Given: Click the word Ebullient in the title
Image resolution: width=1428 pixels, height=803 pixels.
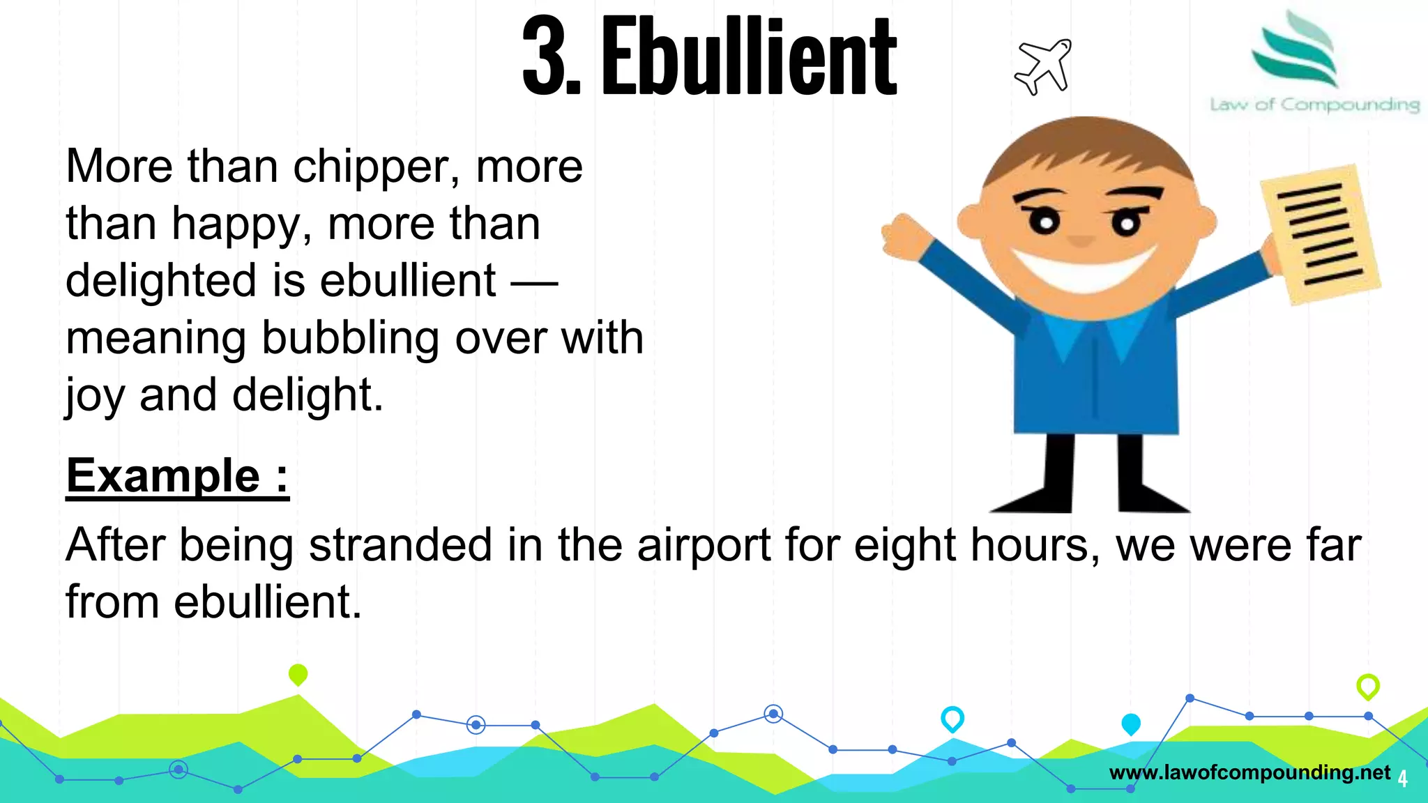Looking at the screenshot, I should coord(750,57).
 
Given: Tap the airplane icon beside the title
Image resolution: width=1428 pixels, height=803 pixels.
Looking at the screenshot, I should coord(1043,66).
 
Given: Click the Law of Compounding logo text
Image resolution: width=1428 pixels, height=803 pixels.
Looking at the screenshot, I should coord(1314,105).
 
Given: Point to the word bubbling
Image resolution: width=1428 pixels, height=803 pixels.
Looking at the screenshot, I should coord(350,338).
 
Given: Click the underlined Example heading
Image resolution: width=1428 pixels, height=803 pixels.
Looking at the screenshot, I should coord(177,476).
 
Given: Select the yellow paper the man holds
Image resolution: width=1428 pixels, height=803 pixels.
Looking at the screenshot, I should coord(1320,234).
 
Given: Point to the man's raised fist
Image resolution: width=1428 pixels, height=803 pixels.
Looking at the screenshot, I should coord(904,236).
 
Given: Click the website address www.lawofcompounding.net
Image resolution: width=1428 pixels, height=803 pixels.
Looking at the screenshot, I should coord(1249,772).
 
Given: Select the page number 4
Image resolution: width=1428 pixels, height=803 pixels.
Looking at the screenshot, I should coord(1403,779).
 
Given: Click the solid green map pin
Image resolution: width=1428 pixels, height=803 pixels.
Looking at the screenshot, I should coord(298,674).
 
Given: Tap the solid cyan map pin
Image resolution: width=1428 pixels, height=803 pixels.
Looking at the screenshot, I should coord(1131,724).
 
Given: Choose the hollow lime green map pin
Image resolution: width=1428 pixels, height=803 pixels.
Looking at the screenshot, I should coord(1368,686).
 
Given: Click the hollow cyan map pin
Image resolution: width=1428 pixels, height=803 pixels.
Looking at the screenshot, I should coord(952,718).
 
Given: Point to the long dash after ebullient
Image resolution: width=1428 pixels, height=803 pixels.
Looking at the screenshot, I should coord(534,283).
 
